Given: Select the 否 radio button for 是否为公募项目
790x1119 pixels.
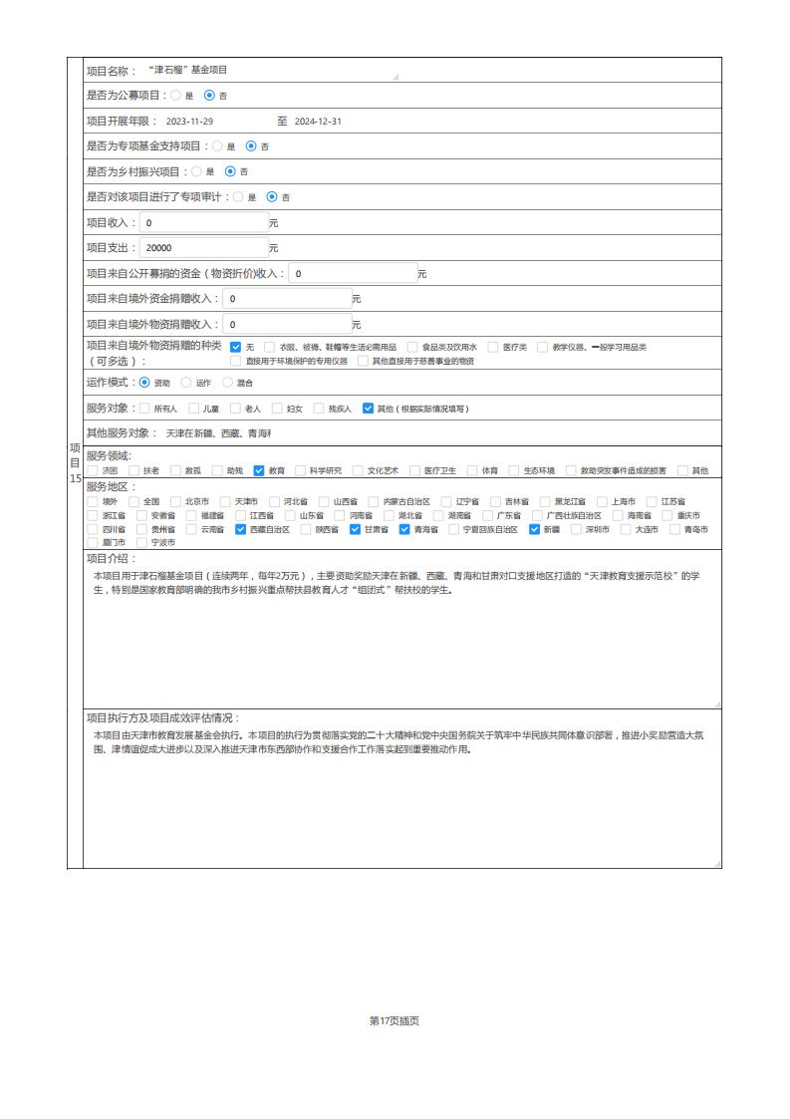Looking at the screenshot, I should point(209,96).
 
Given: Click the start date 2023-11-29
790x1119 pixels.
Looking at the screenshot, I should point(189,121).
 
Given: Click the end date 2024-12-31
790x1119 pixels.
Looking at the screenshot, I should point(318,121).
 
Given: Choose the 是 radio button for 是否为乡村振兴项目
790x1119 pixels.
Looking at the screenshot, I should point(196,171).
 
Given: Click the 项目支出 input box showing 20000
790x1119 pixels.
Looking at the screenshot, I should point(203,247).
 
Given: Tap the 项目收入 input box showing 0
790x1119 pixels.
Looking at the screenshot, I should point(203,222).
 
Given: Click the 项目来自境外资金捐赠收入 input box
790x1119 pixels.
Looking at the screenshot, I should point(286,298).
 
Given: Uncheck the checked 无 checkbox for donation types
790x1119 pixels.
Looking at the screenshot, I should point(236,347).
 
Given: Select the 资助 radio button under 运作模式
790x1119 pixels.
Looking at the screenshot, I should point(145,382).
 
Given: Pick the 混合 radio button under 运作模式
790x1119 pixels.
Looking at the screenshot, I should point(227,382).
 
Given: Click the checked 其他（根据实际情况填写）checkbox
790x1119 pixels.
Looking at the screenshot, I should point(368,408).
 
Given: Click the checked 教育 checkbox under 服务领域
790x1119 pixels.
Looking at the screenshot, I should point(259,470).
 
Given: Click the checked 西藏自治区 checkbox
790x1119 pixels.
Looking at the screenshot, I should point(240,529).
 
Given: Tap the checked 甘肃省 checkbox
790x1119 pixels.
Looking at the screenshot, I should point(355,529).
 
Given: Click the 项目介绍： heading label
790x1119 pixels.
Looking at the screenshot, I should point(112,559).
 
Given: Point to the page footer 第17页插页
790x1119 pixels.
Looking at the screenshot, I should point(395,1020).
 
